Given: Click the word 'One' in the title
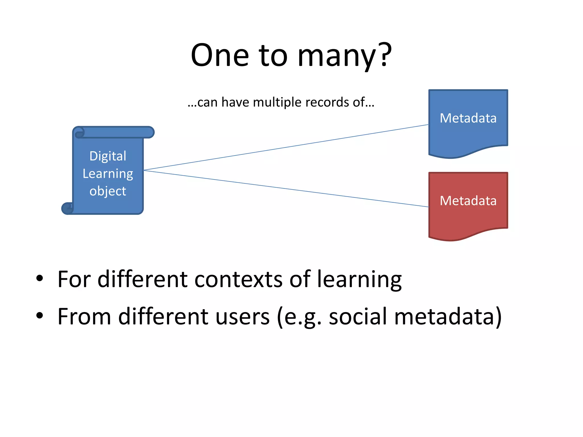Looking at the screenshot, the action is [x=220, y=55].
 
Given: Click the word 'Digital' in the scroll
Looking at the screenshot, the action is [x=108, y=156].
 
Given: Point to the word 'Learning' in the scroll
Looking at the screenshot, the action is [x=108, y=174].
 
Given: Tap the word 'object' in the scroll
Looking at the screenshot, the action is [x=108, y=191].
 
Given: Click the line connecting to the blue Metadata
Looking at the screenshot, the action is [x=285, y=147].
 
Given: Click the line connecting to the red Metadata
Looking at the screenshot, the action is [x=285, y=188].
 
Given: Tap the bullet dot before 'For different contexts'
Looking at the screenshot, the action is [x=40, y=278].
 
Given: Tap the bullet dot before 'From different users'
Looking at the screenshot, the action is [x=40, y=315].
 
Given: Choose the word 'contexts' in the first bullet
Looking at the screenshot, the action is [x=239, y=279].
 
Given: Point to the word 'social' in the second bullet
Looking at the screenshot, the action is [x=358, y=317].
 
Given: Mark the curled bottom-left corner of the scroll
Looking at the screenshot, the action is [x=67, y=209].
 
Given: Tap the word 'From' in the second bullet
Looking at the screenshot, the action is [x=84, y=317].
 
